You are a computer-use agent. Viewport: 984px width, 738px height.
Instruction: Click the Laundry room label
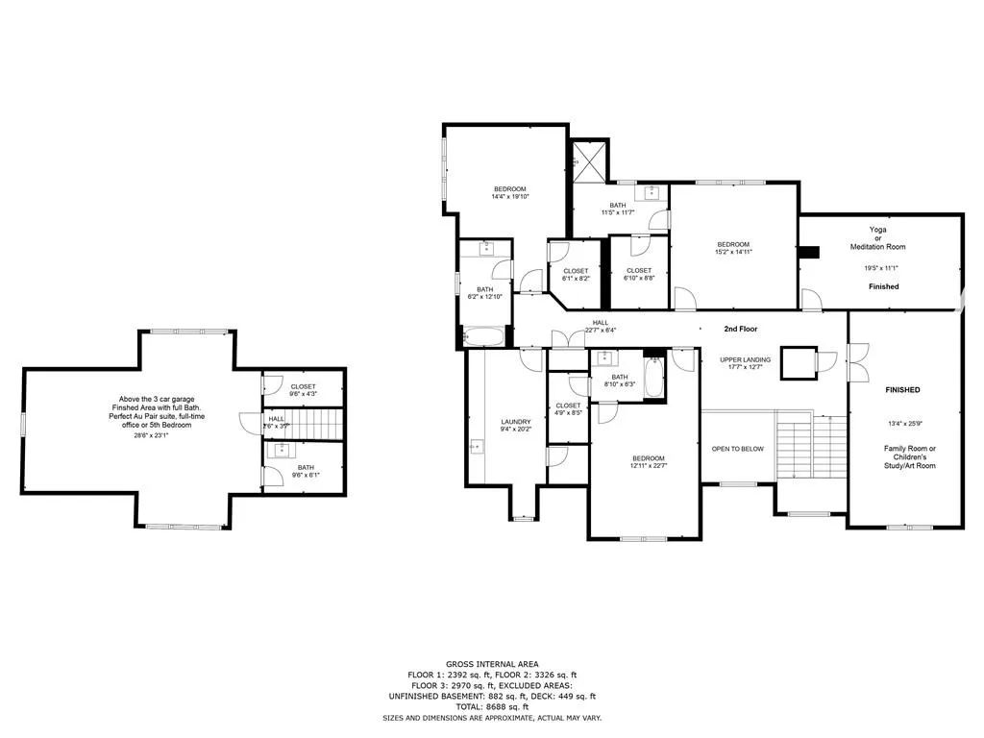coord(516,422)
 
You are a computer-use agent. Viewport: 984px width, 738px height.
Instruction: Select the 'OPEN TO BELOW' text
coord(737,449)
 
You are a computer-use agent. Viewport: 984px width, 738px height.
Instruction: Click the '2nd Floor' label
coord(741,329)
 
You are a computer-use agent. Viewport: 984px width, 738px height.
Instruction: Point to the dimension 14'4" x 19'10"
coord(510,196)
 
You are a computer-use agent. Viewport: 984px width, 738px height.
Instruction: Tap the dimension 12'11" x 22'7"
coord(649,466)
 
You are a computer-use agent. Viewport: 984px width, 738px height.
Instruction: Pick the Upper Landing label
coord(745,359)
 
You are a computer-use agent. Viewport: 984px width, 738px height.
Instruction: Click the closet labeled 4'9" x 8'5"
coord(568,410)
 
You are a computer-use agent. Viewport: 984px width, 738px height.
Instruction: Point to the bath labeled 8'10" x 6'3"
coord(620,381)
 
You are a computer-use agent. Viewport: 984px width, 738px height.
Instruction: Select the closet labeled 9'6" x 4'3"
coord(303,390)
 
